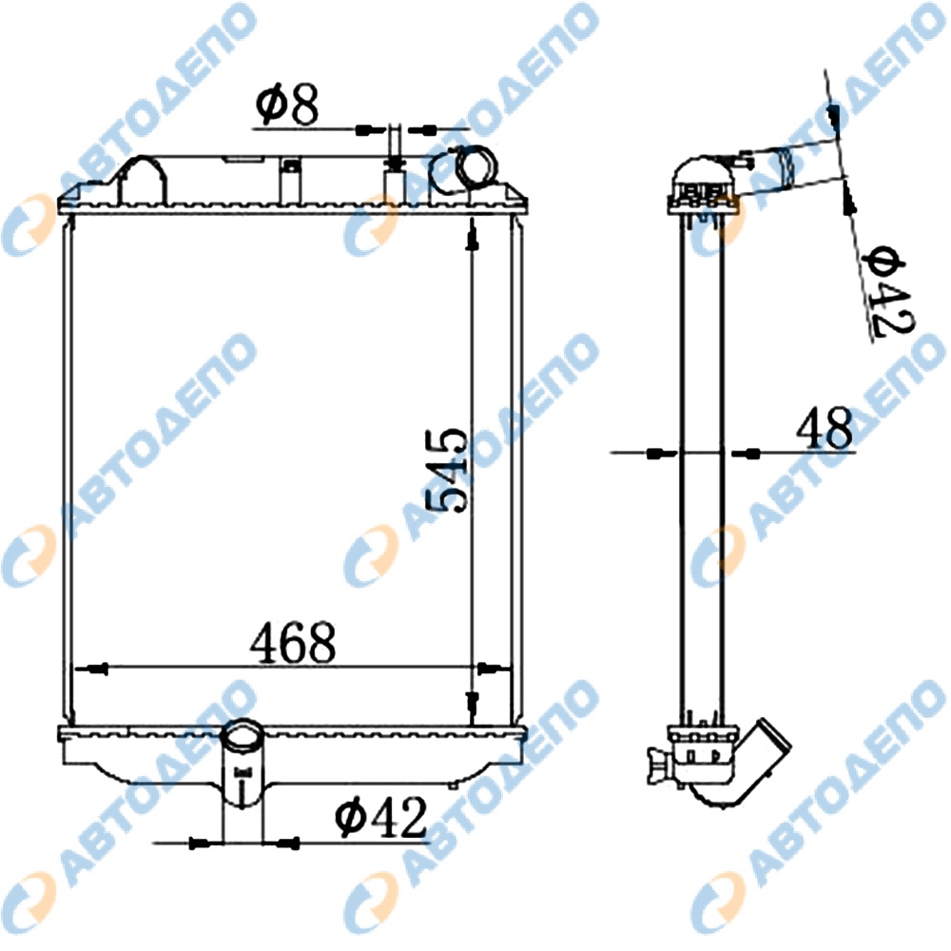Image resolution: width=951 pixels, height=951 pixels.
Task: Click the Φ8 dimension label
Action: click(286, 105)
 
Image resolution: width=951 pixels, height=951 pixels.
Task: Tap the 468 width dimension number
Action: click(292, 642)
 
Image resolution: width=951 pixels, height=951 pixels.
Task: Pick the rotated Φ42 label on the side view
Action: click(887, 291)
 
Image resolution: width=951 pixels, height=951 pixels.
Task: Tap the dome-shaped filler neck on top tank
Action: click(141, 180)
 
